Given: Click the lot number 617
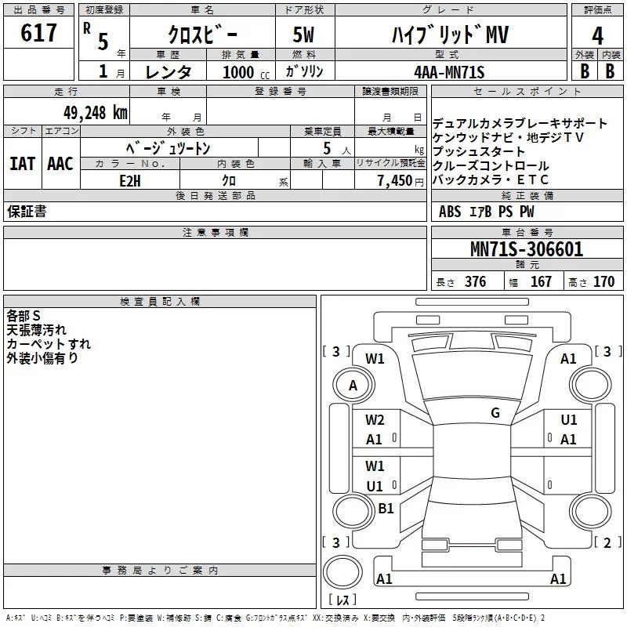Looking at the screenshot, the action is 38,32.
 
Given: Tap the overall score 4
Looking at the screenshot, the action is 597,36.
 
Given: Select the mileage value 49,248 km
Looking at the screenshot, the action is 96,113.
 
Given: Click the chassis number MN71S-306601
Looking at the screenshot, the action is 527,249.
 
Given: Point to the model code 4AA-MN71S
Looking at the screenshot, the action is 449,72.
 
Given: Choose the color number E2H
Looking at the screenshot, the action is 130,181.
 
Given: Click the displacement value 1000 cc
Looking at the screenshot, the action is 246,72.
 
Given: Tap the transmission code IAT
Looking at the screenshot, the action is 22,164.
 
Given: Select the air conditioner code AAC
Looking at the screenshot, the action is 60,164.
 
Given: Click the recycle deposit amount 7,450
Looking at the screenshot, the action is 395,181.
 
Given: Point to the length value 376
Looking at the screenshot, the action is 475,282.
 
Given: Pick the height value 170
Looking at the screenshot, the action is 603,282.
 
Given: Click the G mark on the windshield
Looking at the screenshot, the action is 495,413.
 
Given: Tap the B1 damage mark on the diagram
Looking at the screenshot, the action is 386,508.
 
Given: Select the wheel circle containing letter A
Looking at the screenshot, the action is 353,385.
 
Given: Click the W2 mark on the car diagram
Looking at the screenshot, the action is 375,420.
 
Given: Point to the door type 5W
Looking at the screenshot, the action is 303,34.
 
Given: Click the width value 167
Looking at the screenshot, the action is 541,282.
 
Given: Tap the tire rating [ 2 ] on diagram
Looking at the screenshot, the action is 608,542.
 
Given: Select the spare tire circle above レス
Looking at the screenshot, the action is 342,572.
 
